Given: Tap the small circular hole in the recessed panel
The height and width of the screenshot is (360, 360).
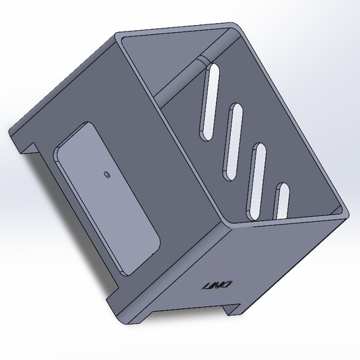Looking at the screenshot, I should tap(106, 174).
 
